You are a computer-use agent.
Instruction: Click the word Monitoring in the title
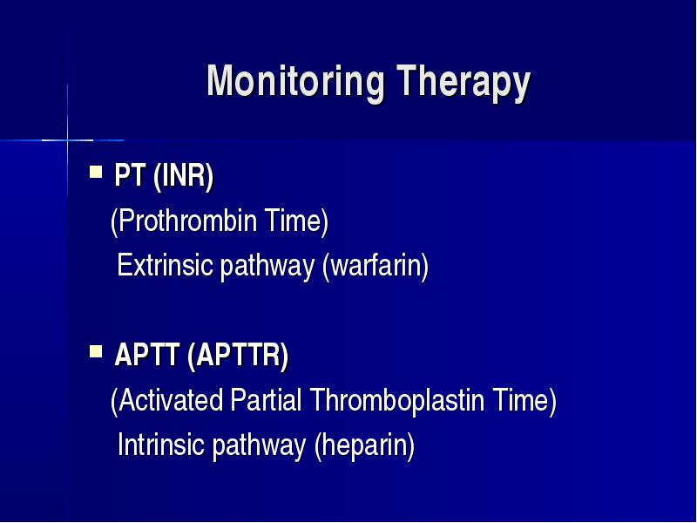(x=295, y=82)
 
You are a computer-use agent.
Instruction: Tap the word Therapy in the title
(x=464, y=82)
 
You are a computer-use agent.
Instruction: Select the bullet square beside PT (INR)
(x=96, y=172)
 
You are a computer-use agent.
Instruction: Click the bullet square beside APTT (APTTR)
(x=96, y=351)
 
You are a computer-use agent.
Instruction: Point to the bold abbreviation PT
(x=130, y=175)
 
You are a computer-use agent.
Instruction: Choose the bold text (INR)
(x=183, y=177)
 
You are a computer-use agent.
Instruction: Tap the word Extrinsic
(x=165, y=265)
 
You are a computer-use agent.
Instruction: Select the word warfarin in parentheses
(x=376, y=266)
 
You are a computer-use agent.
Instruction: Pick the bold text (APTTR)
(x=238, y=356)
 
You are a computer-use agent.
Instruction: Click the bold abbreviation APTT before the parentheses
(x=146, y=355)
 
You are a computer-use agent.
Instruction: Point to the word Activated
(x=171, y=400)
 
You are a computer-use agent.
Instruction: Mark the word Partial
(x=266, y=400)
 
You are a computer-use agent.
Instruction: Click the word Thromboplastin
(x=397, y=400)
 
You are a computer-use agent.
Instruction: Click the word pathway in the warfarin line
(x=267, y=267)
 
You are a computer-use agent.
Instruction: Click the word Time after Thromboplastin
(x=520, y=400)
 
